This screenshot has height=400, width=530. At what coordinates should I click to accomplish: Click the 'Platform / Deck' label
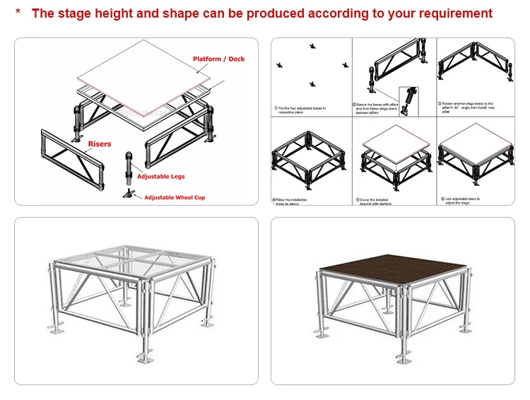(218, 59)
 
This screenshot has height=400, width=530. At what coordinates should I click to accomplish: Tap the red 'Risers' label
(100, 144)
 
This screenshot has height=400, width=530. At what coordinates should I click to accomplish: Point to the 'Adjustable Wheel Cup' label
(175, 198)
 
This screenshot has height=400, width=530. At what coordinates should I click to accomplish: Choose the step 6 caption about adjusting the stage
(464, 201)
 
